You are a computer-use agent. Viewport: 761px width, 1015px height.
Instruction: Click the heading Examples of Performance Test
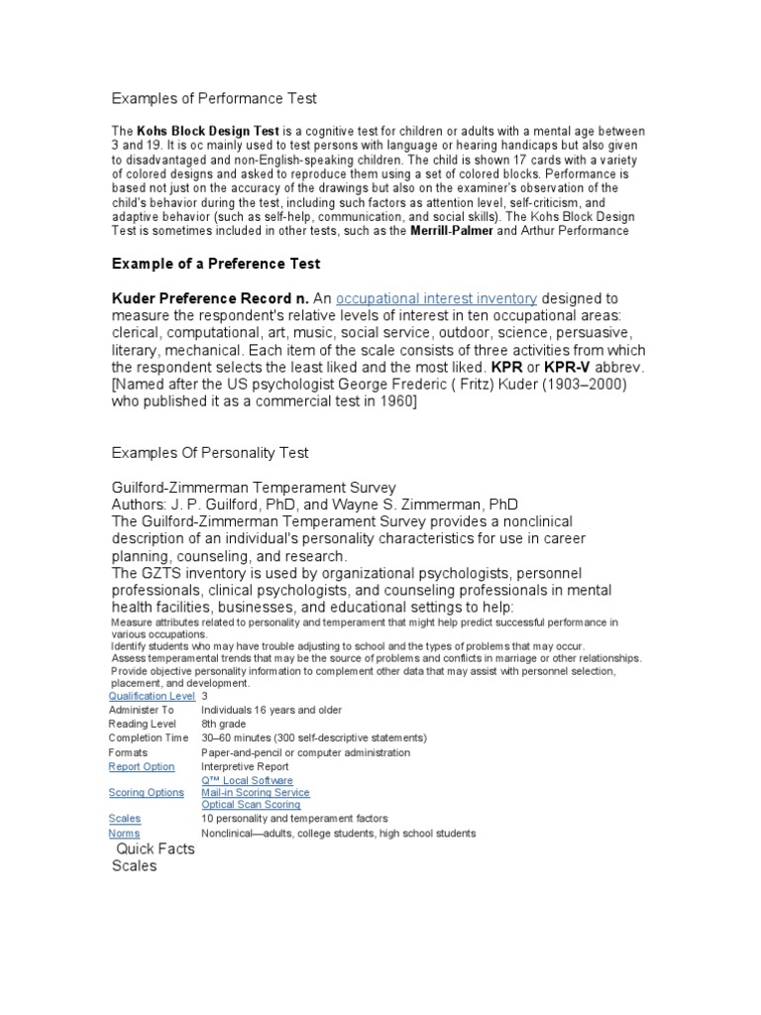[x=213, y=99]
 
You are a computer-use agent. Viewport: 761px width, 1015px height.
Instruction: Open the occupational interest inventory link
[x=437, y=298]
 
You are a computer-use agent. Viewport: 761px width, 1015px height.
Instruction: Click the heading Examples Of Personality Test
[x=209, y=453]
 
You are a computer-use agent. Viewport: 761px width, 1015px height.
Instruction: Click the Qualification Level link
[x=152, y=696]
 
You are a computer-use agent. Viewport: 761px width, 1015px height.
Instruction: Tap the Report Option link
[x=142, y=766]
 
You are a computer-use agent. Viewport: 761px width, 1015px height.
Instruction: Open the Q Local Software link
[x=247, y=780]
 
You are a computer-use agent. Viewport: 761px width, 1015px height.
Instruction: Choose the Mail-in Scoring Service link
[x=255, y=793]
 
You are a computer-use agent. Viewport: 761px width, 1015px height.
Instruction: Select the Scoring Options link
[x=146, y=793]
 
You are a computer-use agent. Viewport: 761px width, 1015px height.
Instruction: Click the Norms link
[x=124, y=834]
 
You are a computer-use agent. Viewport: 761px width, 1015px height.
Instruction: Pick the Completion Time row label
[x=148, y=738]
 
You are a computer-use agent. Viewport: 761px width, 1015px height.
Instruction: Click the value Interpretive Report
[x=245, y=766]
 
